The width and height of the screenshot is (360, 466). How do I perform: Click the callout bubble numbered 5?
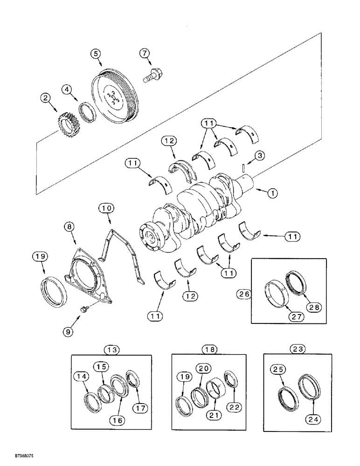(96, 54)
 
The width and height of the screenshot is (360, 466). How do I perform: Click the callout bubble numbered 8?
(69, 228)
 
